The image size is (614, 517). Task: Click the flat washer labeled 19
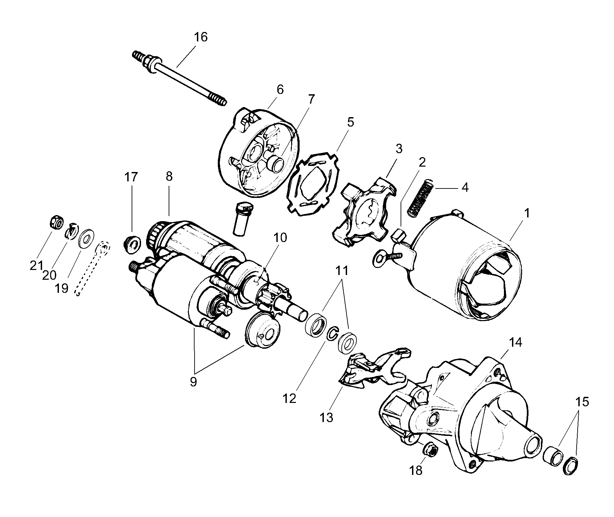coord(86,239)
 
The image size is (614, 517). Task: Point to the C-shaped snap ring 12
coord(333,333)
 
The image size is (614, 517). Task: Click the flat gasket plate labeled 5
coord(313,183)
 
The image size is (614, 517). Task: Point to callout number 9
coord(193,382)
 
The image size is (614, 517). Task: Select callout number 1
coord(527,213)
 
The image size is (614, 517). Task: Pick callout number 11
coord(342,271)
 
